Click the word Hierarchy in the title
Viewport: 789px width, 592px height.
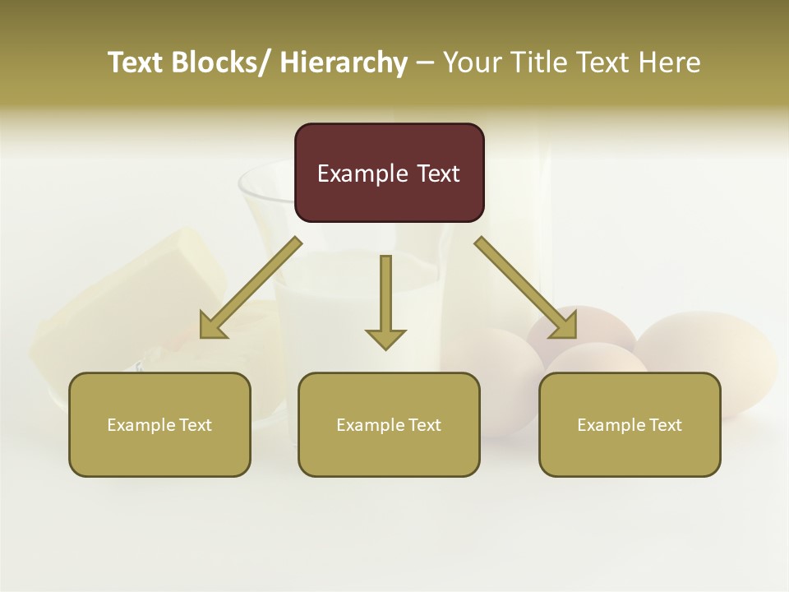click(344, 62)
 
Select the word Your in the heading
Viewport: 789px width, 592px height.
click(472, 62)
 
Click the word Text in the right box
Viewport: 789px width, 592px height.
click(665, 425)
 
